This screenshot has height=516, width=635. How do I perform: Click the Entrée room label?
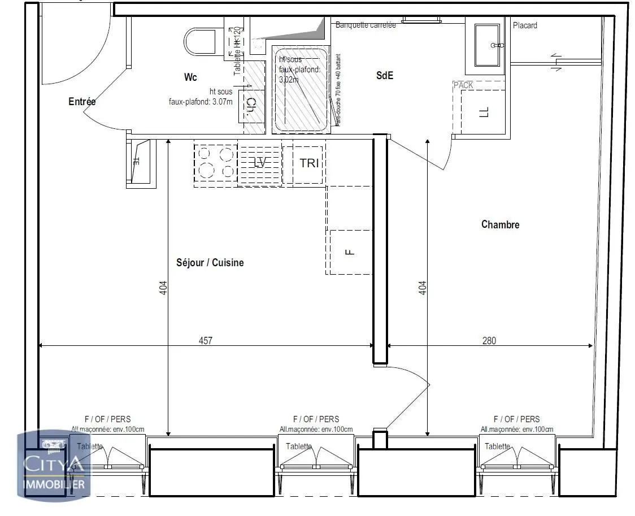82,102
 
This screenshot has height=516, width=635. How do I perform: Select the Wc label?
190,77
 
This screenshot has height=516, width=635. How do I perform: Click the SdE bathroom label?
385,75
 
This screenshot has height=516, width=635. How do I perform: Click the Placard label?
525,25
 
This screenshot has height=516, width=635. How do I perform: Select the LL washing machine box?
484,112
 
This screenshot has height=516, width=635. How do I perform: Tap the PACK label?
463,85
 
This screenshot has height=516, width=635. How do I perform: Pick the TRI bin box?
309,163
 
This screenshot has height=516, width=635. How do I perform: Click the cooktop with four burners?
216,163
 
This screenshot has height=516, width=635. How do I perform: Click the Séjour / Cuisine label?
210,262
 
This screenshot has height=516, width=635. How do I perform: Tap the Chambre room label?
500,224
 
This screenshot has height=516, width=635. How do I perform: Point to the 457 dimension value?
205,340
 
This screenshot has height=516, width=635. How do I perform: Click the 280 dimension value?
489,340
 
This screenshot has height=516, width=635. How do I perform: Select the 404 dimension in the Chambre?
423,288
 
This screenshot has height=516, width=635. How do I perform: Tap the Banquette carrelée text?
366,25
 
